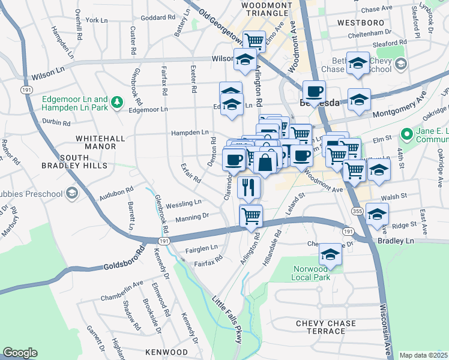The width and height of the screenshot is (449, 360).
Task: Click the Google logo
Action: pyautogui.click(x=20, y=353)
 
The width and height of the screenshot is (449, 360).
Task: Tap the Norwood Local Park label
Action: pyautogui.click(x=312, y=274)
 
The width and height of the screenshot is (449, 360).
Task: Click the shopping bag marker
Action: pyautogui.click(x=265, y=161)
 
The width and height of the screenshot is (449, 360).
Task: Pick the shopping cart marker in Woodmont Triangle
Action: pyautogui.click(x=255, y=41)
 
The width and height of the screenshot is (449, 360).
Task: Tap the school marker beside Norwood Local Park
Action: pyautogui.click(x=330, y=254)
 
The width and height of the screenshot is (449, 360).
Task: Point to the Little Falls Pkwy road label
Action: pyautogui.click(x=228, y=319)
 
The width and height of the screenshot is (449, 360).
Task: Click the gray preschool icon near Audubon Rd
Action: pyautogui.click(x=72, y=193)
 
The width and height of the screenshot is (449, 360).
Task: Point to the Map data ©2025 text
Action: pyautogui.click(x=423, y=355)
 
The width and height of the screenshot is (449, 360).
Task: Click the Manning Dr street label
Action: pyautogui.click(x=192, y=217)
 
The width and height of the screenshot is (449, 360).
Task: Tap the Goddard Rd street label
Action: pyautogui.click(x=157, y=17)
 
